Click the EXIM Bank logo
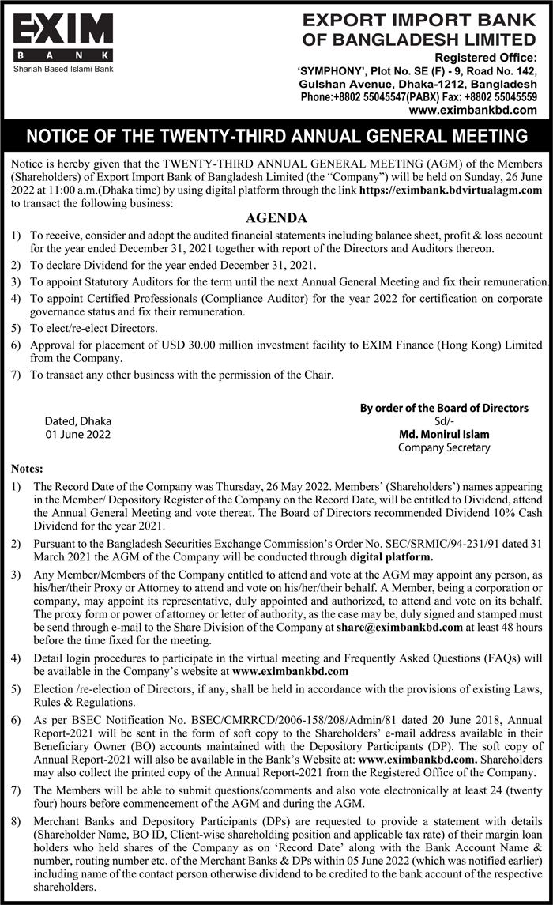(x=63, y=36)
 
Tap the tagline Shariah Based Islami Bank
(x=63, y=70)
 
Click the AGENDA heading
(x=276, y=218)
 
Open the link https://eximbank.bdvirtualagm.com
(x=451, y=190)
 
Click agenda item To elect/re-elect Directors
(x=94, y=328)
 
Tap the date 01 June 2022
(x=78, y=435)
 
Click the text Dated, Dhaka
(x=78, y=421)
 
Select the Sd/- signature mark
(x=444, y=421)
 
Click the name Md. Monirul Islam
(x=444, y=434)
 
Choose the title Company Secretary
(x=444, y=447)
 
